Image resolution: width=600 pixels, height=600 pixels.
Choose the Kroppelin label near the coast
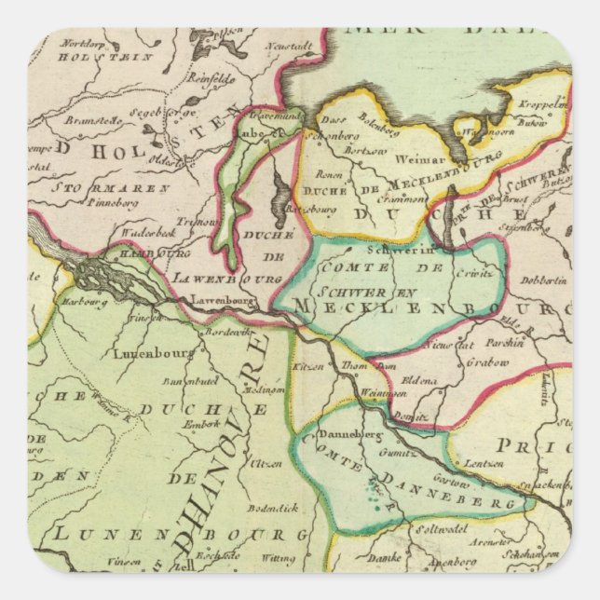545,106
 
